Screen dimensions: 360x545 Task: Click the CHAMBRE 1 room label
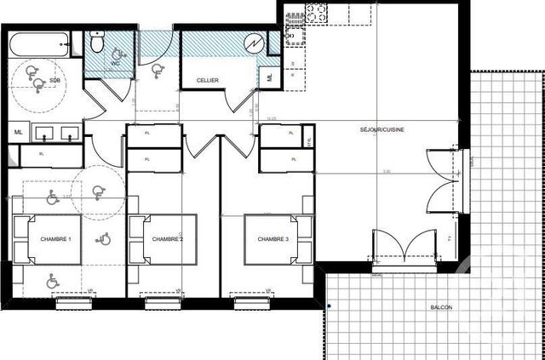pos(56,239)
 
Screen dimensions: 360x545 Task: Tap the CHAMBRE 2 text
pos(168,239)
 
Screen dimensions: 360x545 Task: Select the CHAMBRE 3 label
pos(274,239)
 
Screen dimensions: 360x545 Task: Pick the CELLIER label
pos(207,80)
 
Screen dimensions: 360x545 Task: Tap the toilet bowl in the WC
pos(98,41)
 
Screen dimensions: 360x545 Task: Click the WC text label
pos(115,63)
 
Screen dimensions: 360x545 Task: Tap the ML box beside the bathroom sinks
pos(18,132)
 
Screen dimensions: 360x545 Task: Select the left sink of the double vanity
pos(44,133)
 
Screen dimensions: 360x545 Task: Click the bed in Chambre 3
pos(274,239)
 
